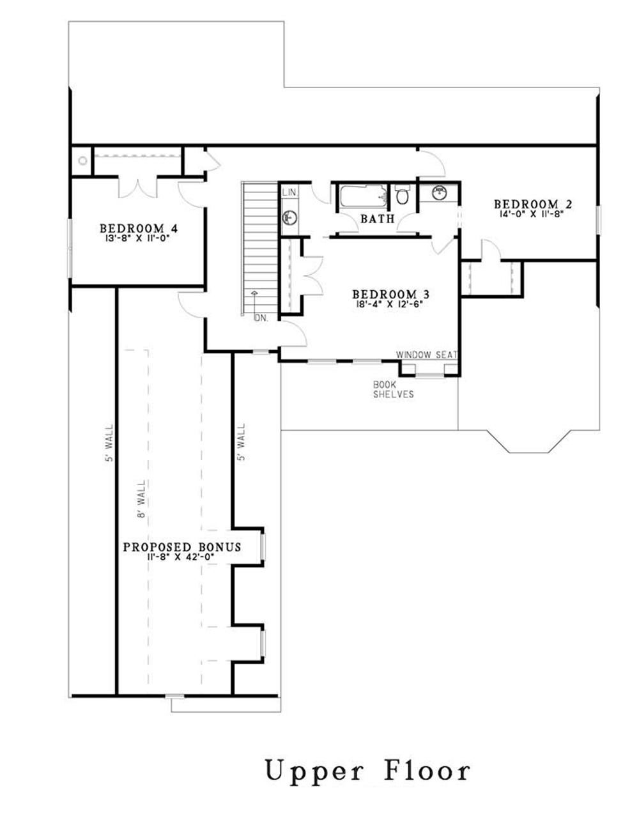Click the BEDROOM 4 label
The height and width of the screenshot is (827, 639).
[138, 228]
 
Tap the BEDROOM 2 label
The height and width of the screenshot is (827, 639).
[532, 205]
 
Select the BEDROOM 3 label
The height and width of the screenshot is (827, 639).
[390, 295]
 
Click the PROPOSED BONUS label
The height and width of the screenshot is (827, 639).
[181, 547]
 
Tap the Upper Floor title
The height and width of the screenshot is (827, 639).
[367, 771]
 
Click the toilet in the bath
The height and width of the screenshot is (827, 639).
[402, 196]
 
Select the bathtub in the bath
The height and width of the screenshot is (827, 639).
[362, 196]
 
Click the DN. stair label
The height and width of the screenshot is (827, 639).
[261, 318]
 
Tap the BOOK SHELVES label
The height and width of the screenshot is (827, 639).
[393, 390]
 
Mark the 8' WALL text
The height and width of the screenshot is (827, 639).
[142, 499]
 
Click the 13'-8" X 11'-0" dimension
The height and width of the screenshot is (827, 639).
[138, 238]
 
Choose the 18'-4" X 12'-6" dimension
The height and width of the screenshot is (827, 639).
[390, 304]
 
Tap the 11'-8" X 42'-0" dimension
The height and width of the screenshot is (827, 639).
[181, 557]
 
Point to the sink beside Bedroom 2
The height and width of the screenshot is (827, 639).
[438, 192]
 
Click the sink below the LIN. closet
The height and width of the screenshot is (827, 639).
[289, 218]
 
